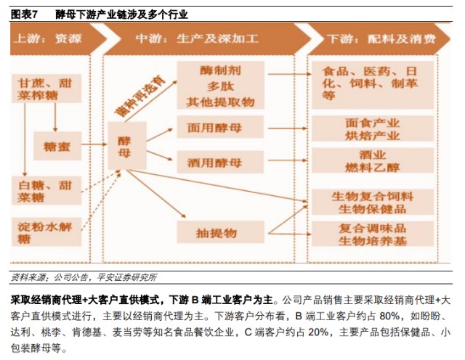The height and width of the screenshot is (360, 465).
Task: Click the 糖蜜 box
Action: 57,146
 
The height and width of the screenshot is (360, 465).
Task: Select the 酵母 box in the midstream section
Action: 127,145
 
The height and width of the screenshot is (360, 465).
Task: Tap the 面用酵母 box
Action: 220,127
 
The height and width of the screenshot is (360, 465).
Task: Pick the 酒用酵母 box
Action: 220,162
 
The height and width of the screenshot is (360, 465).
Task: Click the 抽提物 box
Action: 220,232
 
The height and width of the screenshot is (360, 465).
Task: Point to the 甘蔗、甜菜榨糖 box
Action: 46,89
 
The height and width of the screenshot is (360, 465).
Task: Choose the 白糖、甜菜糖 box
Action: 46,190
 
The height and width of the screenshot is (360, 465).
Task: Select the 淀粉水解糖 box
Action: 46,232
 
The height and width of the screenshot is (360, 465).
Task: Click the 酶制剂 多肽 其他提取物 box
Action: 220,86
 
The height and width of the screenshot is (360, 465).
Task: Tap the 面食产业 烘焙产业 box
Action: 373,128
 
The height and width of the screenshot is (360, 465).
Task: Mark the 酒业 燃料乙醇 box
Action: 373,160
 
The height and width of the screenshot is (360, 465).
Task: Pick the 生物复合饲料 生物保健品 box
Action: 373,202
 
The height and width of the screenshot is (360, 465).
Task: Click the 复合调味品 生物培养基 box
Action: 373,234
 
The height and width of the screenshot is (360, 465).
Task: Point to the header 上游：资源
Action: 47,38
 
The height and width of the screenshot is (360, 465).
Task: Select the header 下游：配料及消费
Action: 381,38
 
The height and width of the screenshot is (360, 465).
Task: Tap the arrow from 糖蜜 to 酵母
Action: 94,144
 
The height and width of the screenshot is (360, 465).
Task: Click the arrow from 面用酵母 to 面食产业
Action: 288,128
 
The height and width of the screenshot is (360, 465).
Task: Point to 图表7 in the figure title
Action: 24,15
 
